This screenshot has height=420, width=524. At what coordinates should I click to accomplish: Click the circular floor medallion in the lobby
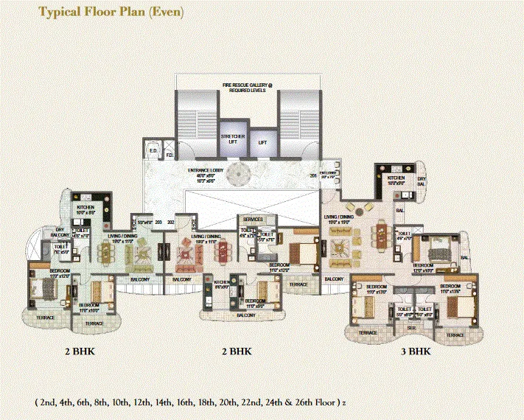tap(237, 175)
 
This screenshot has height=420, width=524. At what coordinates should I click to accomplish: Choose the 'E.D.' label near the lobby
tap(154, 151)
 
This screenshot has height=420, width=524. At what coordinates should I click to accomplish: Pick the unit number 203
tap(158, 221)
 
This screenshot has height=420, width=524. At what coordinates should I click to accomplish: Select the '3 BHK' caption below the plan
tap(416, 351)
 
